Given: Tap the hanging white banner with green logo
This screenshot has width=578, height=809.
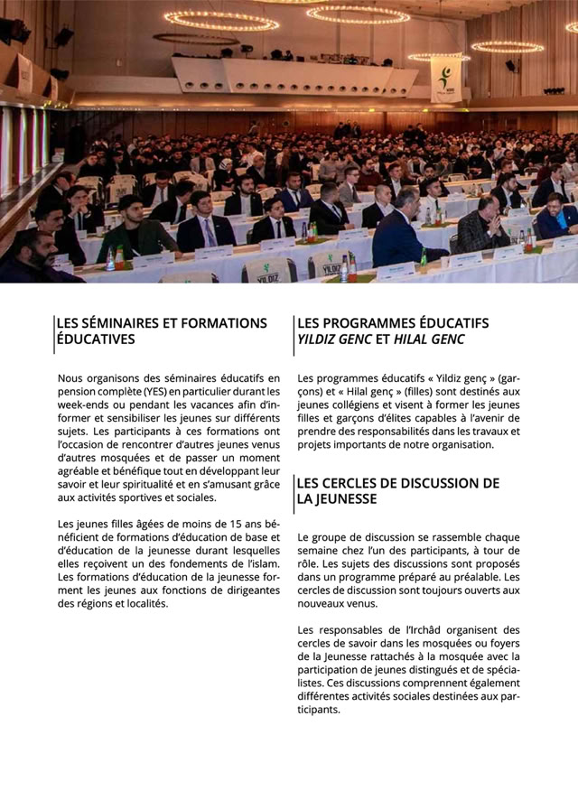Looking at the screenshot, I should point(445,79).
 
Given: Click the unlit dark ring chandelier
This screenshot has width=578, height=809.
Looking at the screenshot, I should point(196,39).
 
